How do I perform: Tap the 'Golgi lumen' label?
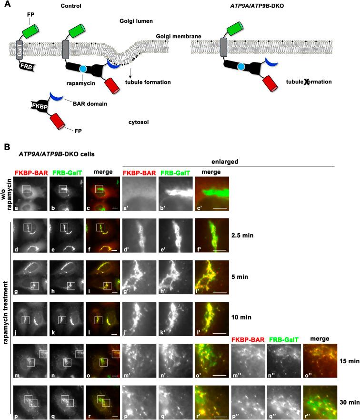pos(135,22)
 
